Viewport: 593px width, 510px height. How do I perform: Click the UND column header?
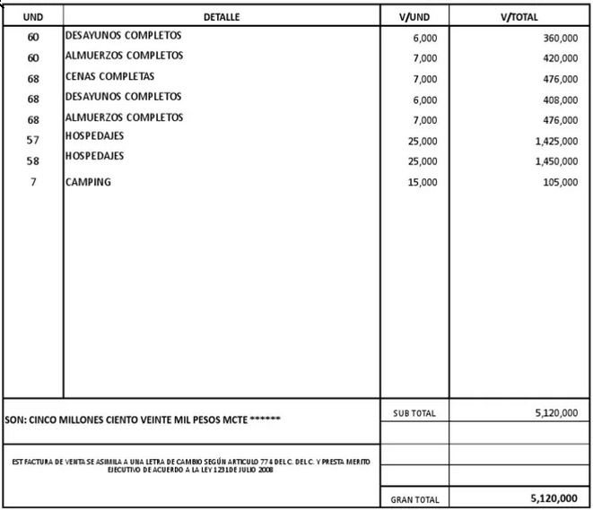click(x=32, y=17)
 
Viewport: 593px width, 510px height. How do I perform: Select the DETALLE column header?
click(x=222, y=17)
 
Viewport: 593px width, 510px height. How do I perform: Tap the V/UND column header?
click(x=414, y=17)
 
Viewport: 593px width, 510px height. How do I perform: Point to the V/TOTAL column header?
click(x=520, y=17)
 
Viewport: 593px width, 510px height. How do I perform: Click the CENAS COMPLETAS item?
click(x=109, y=76)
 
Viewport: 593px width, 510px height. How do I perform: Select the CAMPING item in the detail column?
click(x=88, y=182)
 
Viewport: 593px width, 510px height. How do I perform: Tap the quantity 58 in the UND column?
click(x=33, y=161)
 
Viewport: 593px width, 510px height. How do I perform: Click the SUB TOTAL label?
click(x=414, y=413)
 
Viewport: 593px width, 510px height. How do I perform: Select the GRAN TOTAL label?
click(x=415, y=499)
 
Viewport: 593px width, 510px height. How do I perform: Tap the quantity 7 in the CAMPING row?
click(x=33, y=182)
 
